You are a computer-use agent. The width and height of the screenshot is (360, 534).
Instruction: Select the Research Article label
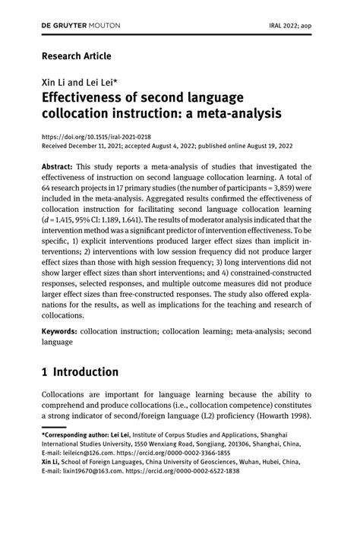coord(76,56)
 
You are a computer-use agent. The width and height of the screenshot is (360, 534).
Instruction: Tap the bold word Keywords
coord(64,332)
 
